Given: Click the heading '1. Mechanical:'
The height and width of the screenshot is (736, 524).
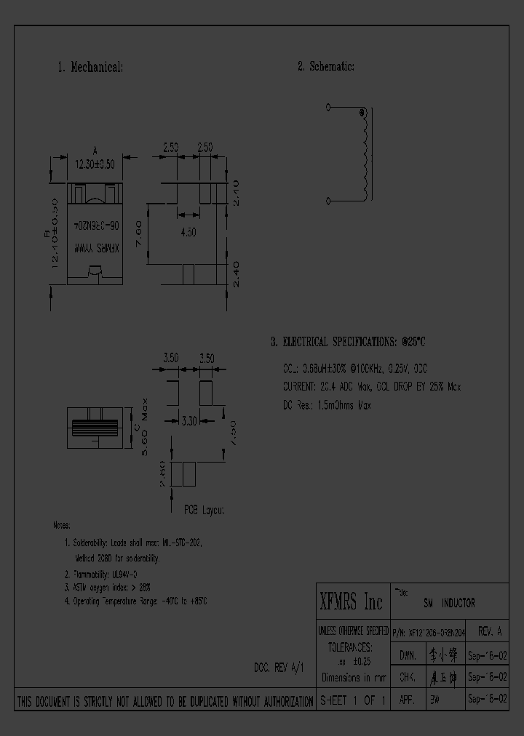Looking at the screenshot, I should click(x=90, y=67).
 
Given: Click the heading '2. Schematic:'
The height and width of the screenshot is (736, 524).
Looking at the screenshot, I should click(x=325, y=67).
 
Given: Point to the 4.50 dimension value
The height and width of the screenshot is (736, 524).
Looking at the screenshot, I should click(x=188, y=231).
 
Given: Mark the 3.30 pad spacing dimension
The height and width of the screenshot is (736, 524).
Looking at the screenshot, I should click(x=188, y=420).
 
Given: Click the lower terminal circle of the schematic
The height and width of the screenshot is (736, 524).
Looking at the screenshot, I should click(x=328, y=201).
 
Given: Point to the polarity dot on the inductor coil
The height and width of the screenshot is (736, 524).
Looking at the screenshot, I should click(x=361, y=113).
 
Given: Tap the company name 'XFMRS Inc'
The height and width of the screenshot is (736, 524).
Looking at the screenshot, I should click(x=351, y=602).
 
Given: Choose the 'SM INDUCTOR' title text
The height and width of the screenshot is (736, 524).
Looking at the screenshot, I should click(x=449, y=604).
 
